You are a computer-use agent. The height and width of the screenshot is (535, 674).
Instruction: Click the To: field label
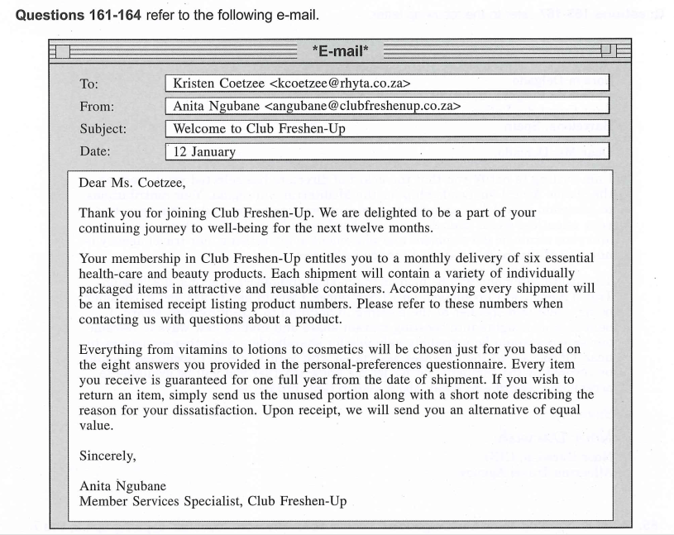pos(88,84)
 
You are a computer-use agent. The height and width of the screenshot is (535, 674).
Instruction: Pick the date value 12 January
pos(204,151)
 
